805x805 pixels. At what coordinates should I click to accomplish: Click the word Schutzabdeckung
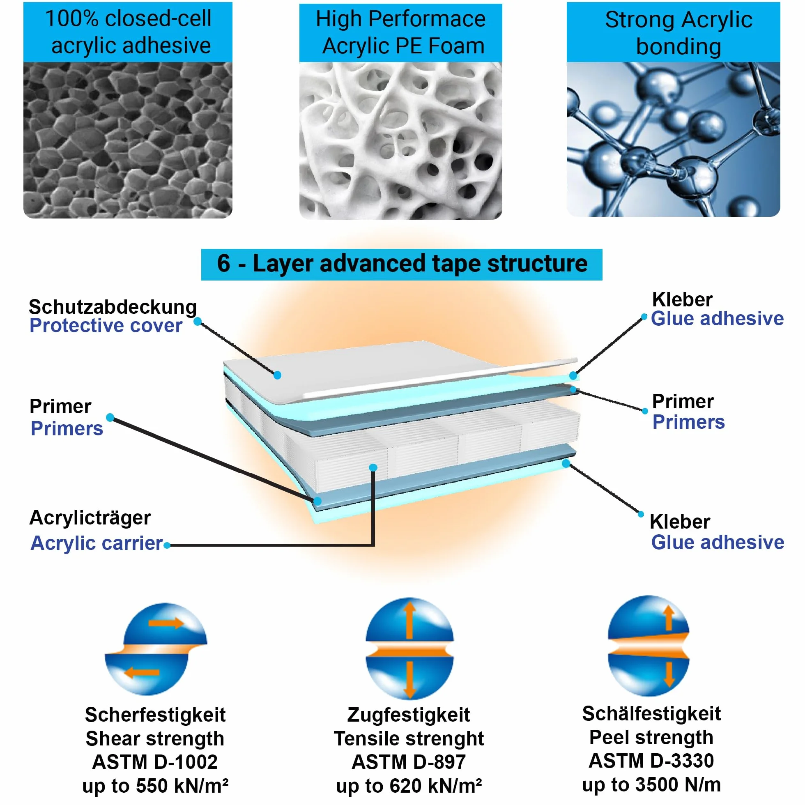click(x=113, y=307)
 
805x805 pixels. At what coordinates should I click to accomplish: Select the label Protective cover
click(x=106, y=325)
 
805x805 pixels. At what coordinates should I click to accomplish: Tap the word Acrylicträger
click(x=90, y=518)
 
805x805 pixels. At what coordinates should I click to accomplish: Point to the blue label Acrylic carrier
click(x=97, y=543)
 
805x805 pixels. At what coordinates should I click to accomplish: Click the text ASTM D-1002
click(x=155, y=762)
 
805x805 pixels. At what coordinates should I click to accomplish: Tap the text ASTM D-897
click(x=409, y=762)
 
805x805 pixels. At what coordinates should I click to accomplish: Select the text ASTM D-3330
click(x=651, y=761)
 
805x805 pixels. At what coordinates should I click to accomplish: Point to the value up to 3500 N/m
click(x=651, y=784)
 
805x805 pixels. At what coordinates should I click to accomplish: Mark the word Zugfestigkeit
click(x=409, y=715)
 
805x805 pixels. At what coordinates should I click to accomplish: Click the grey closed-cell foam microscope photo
click(x=128, y=140)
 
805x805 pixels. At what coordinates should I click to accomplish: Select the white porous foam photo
click(x=400, y=141)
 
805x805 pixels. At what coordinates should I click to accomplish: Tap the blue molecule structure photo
click(x=673, y=139)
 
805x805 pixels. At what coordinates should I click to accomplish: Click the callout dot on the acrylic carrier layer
click(x=373, y=467)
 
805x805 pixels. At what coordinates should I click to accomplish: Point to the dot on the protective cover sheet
click(x=278, y=375)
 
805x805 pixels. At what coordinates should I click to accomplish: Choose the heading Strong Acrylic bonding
click(x=679, y=32)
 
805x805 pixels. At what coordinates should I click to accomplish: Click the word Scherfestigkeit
click(x=155, y=715)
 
